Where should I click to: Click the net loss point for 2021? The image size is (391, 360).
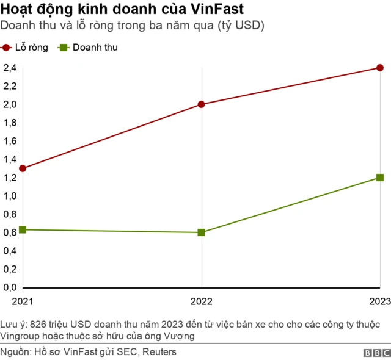23,168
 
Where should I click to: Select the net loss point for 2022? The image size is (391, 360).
202,104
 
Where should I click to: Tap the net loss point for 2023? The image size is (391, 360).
380,68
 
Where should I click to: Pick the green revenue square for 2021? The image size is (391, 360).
23,229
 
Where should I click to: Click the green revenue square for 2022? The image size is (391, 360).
202,232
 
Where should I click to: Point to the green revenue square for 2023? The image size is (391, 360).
380,178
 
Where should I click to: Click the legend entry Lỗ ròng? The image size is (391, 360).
25,48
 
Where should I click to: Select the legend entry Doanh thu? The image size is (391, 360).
88,48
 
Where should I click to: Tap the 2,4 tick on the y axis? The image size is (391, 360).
9,68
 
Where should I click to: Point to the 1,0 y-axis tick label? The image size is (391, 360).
9,196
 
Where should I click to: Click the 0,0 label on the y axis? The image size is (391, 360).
9,287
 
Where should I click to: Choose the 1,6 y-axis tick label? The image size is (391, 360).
9,141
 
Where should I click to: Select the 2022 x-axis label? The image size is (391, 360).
202,301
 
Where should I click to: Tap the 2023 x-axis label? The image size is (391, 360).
379,301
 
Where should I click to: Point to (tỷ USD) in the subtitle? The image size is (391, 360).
241,27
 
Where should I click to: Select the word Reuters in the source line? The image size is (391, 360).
159,351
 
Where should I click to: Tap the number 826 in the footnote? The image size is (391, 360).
37,323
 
